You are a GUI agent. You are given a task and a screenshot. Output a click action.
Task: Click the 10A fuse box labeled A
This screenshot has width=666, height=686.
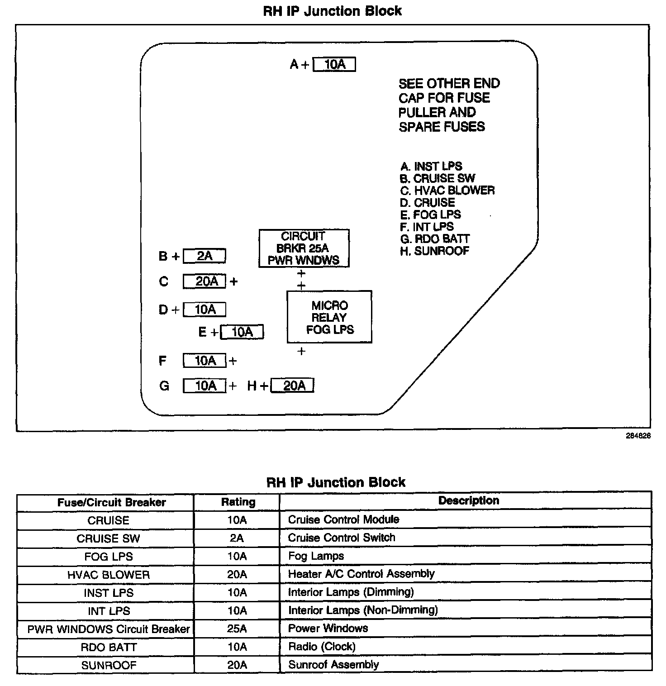(x=334, y=65)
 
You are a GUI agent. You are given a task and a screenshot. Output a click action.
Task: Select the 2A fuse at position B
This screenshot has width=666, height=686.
(x=205, y=256)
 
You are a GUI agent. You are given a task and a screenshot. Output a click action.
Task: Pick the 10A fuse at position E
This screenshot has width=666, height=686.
(x=242, y=332)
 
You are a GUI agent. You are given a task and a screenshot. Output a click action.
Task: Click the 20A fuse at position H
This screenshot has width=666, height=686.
(x=292, y=386)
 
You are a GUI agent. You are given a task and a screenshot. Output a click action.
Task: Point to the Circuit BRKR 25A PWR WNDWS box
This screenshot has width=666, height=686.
(x=304, y=248)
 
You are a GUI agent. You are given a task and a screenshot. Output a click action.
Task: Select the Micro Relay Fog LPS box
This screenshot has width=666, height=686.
(x=329, y=317)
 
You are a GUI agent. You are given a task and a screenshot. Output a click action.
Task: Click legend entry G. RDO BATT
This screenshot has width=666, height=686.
(x=435, y=238)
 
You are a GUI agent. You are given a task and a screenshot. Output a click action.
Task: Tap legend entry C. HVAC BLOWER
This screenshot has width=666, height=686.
(x=447, y=190)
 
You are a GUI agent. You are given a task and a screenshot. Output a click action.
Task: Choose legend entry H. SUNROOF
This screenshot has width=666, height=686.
(x=434, y=251)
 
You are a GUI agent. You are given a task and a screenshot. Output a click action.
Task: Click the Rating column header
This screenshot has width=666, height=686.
(x=238, y=502)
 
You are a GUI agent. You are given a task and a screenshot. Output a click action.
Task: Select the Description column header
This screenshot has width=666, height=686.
(x=468, y=500)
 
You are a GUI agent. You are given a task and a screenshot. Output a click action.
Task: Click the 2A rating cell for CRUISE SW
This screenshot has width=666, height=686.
(x=237, y=538)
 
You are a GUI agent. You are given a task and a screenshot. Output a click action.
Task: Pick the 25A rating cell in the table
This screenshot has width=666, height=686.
(x=237, y=629)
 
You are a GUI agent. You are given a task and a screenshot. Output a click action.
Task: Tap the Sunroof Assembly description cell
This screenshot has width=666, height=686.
(x=333, y=665)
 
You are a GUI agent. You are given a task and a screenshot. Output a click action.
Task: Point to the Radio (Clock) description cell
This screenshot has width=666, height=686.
(x=322, y=647)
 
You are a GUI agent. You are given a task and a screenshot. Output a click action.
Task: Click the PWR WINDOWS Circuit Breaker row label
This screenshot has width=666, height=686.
(x=109, y=629)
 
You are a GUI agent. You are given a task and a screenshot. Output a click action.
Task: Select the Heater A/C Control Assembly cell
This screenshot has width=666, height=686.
(x=361, y=574)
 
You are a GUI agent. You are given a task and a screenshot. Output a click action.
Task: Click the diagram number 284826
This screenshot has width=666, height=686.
(x=638, y=436)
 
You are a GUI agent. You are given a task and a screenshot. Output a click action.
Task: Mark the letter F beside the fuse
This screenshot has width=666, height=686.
(x=162, y=361)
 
